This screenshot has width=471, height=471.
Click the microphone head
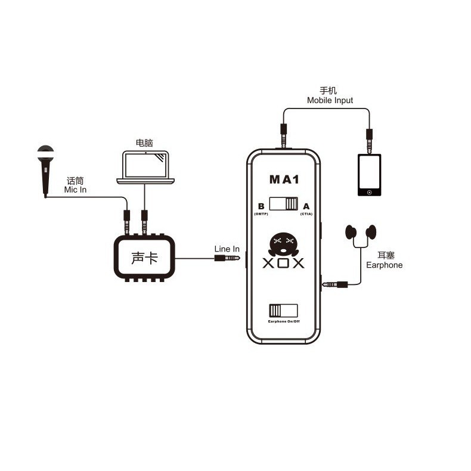pyautogui.click(x=46, y=153)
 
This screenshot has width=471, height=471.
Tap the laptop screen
pyautogui.click(x=145, y=165)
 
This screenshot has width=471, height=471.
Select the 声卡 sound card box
pyautogui.click(x=144, y=258)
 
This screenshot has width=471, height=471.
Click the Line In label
pyautogui.click(x=227, y=249)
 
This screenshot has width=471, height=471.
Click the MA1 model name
pyautogui.click(x=284, y=179)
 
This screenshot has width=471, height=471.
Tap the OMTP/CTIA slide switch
pyautogui.click(x=283, y=204)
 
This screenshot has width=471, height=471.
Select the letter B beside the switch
pyautogui.click(x=261, y=206)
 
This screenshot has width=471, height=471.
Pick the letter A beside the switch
pyautogui.click(x=306, y=206)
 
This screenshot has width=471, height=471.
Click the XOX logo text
pyautogui.click(x=283, y=263)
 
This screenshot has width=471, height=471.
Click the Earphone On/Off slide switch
pyautogui.click(x=283, y=311)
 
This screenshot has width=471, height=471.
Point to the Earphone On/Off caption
pyautogui.click(x=284, y=321)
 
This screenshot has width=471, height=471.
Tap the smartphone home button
pyautogui.click(x=370, y=192)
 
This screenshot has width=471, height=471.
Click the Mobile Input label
pyautogui.click(x=330, y=100)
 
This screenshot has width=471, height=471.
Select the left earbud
pyautogui.click(x=351, y=232)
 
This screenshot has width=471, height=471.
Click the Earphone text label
pyautogui.click(x=384, y=265)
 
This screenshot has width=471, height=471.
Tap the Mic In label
pyautogui.click(x=75, y=190)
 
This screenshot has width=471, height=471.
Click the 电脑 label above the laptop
pyautogui.click(x=144, y=142)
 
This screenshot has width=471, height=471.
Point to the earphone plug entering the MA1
pyautogui.click(x=334, y=284)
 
